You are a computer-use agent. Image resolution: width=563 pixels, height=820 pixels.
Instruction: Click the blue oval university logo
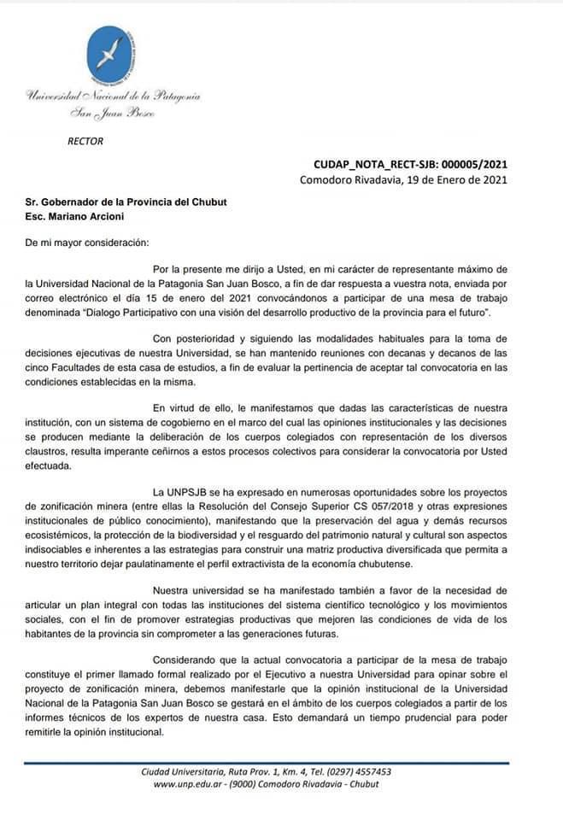(112, 53)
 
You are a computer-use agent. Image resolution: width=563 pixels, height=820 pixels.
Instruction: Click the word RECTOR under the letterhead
(85, 142)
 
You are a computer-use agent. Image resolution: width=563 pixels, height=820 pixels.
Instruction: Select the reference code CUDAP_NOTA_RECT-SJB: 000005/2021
(411, 165)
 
